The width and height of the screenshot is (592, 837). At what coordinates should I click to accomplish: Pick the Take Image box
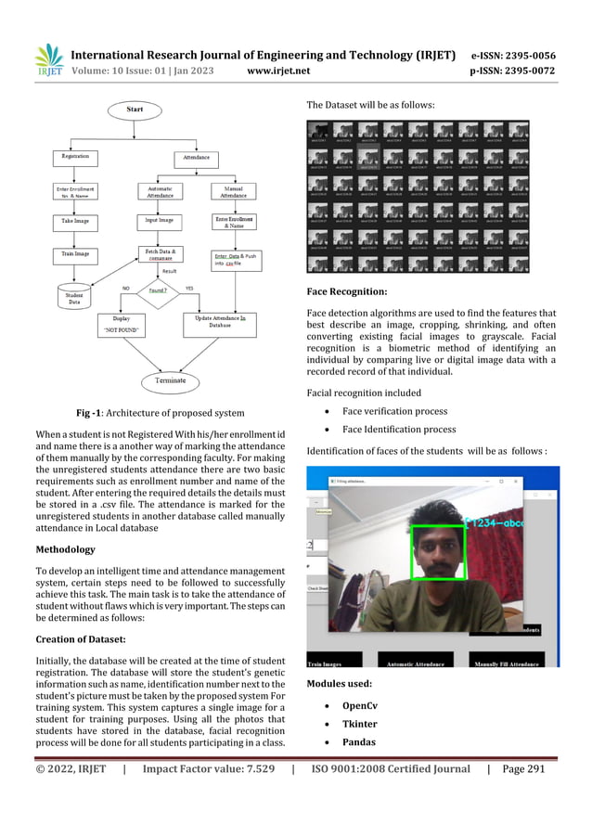[x=75, y=223]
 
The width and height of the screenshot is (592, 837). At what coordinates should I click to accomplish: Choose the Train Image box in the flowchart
[x=75, y=253]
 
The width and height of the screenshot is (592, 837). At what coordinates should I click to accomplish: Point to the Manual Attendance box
[x=234, y=191]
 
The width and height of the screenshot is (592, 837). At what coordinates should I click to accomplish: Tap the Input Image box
[x=159, y=223]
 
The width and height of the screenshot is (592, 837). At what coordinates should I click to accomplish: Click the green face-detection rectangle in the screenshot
[x=438, y=553]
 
